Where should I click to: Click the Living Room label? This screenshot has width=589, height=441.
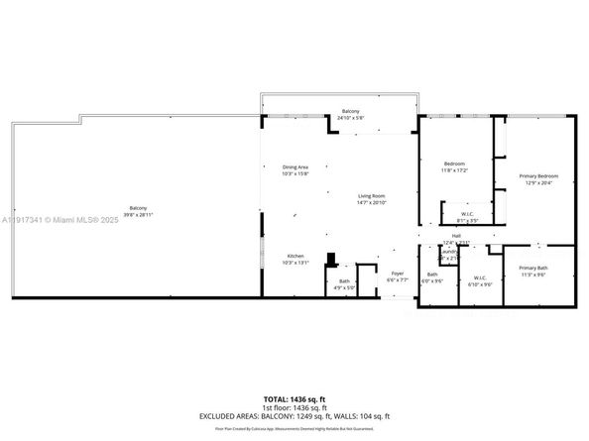coord(371,195)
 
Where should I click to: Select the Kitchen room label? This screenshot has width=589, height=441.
coord(295,256)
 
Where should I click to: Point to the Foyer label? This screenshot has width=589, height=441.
coord(397,274)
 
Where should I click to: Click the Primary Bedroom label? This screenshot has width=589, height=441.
coord(539,175)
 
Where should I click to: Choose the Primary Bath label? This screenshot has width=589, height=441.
coord(533,268)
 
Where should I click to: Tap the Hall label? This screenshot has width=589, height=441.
coord(455,236)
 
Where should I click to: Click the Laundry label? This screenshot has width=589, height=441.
coord(448,251)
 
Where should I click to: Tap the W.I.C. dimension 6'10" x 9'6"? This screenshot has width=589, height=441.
coord(480,284)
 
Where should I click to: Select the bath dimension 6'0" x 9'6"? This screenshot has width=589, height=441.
coord(432,280)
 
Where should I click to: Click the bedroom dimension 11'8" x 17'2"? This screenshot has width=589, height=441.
coord(454,169)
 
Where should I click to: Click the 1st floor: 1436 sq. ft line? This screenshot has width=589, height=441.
coord(294,407)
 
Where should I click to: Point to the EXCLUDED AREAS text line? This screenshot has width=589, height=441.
coord(294,416)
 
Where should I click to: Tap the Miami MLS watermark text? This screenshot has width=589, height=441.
coord(56,219)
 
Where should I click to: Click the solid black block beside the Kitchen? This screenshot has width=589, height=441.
coord(333,263)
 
